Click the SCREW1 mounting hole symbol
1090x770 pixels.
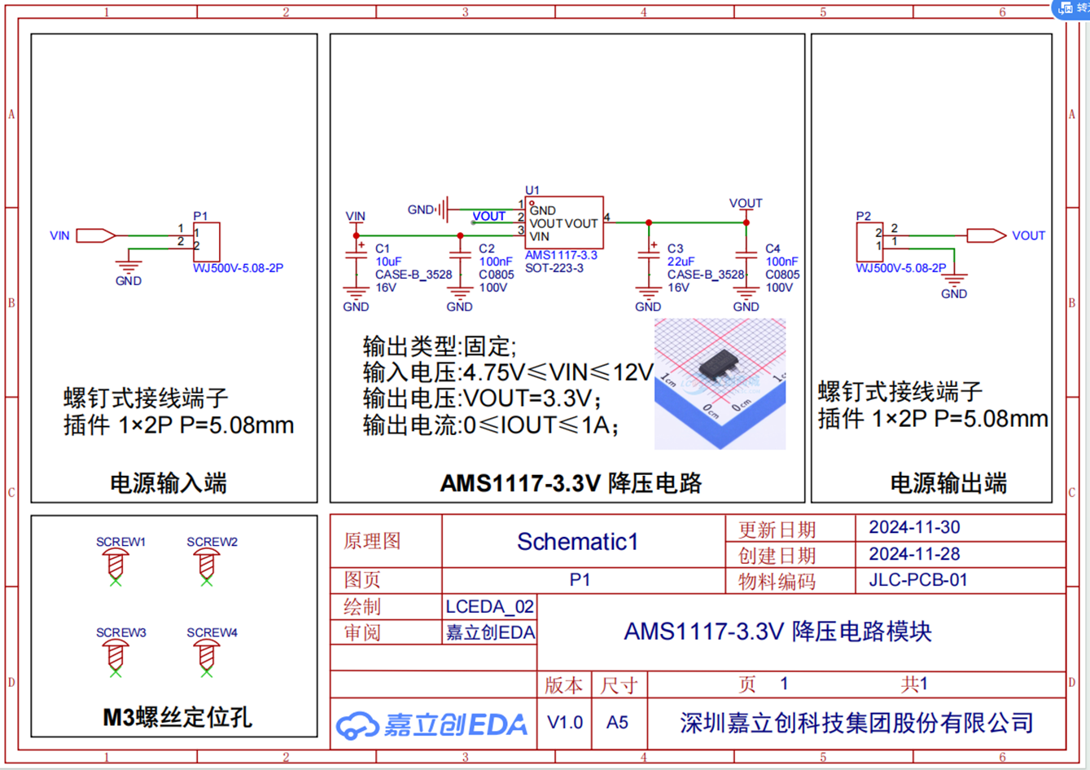click(x=116, y=565)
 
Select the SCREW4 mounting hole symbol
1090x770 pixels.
click(x=207, y=655)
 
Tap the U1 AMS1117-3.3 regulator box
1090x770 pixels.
click(x=564, y=222)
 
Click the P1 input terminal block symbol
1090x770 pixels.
click(x=206, y=242)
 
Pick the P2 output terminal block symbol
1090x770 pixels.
click(x=869, y=242)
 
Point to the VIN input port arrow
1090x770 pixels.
click(x=95, y=235)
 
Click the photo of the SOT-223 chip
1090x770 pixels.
click(x=720, y=383)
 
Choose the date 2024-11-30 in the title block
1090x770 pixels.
click(x=914, y=527)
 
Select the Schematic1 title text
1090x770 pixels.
click(x=578, y=541)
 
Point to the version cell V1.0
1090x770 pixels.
click(x=565, y=722)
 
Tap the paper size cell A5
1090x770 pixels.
click(x=617, y=722)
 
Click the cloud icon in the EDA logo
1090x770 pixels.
click(x=357, y=724)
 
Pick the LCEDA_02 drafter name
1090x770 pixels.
click(x=489, y=606)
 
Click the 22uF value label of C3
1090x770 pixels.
click(x=681, y=262)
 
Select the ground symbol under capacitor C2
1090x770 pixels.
click(x=460, y=292)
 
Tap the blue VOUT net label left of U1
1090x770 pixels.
click(x=488, y=216)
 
